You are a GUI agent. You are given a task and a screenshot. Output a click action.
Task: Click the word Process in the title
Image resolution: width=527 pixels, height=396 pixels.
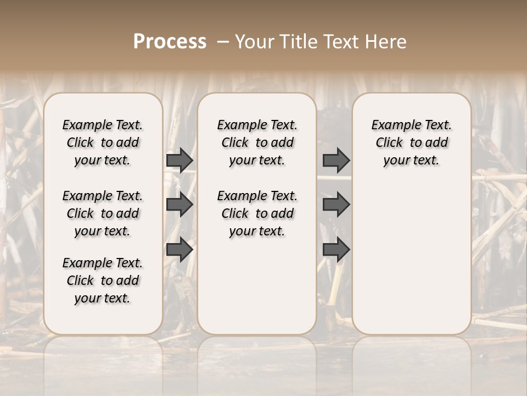[x=170, y=41]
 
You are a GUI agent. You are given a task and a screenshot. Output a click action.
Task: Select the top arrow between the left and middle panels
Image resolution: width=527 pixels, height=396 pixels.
[x=180, y=160]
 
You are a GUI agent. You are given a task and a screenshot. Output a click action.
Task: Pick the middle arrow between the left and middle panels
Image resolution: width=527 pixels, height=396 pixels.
[x=180, y=205]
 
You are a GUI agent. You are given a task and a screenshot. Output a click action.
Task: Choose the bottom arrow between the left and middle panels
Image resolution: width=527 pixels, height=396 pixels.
[x=180, y=250]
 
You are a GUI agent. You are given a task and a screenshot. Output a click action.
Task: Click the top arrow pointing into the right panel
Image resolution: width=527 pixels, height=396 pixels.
[x=336, y=160]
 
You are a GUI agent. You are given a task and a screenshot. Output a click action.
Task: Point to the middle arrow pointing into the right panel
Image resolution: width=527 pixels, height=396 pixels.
[x=336, y=205]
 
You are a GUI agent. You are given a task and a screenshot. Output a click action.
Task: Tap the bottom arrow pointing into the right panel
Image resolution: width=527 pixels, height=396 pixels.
[x=336, y=250]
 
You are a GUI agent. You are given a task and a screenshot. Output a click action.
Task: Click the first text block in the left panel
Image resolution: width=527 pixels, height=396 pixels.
[x=103, y=142]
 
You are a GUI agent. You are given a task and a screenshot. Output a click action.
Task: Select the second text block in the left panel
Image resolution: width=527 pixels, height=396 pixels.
[x=103, y=213]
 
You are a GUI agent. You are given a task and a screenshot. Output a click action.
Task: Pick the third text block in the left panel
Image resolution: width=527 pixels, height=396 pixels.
[x=103, y=280]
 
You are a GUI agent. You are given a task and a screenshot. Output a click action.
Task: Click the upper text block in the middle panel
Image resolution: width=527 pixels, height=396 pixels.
[x=257, y=142]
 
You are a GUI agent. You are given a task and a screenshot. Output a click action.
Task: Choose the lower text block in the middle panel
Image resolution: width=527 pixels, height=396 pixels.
[x=257, y=213]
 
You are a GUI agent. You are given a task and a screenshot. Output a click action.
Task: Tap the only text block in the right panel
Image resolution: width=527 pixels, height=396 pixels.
[x=412, y=142]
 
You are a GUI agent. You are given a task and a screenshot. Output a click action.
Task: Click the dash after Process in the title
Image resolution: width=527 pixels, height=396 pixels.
[x=223, y=41]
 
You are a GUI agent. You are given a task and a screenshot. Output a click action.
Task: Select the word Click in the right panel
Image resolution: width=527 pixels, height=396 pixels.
[x=389, y=142]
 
